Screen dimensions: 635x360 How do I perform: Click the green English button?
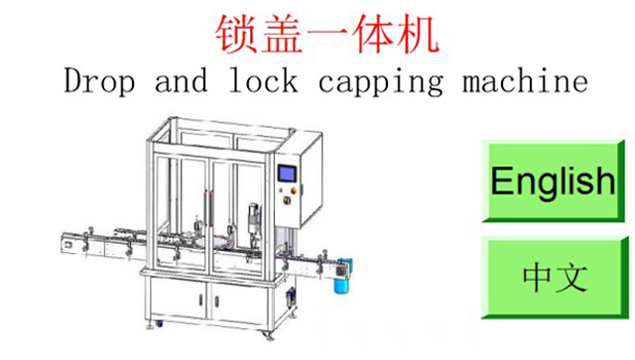click(x=552, y=180)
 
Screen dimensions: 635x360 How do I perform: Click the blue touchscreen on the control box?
click(x=287, y=173)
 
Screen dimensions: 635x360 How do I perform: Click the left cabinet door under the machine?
click(x=179, y=300)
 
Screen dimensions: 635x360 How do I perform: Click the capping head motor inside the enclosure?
click(x=252, y=216)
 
